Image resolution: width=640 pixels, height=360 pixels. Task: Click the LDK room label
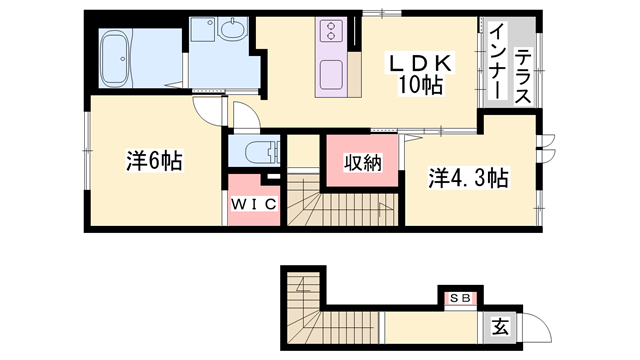point(422,63)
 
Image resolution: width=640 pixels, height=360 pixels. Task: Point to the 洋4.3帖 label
point(469,178)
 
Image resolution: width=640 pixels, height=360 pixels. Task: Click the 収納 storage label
point(363,163)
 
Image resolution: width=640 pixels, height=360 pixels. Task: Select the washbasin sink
point(232,33)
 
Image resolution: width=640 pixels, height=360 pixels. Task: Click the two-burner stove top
point(331,33)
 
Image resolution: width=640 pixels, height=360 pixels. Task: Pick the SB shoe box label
point(460,298)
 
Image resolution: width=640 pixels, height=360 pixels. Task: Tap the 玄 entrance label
point(499,326)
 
